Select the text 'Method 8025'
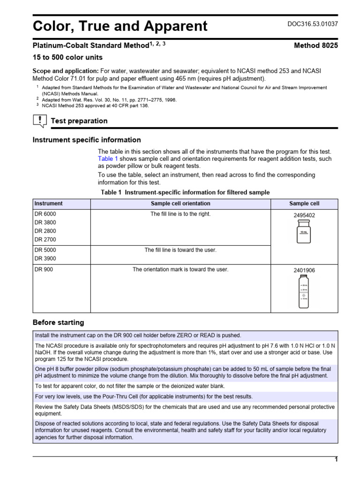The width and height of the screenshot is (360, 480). (x=315, y=45)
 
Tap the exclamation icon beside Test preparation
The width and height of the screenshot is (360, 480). (x=39, y=121)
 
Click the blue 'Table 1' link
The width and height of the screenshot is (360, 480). (x=108, y=159)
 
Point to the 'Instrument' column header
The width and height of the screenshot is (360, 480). (x=49, y=203)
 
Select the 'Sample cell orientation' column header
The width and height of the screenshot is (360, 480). (x=180, y=203)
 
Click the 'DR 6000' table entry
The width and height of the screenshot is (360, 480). (x=45, y=214)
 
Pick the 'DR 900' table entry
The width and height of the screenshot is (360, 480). (x=43, y=270)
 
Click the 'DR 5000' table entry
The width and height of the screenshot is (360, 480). (x=45, y=250)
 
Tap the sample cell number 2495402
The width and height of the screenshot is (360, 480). (x=304, y=216)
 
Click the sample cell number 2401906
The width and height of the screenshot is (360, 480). (x=304, y=270)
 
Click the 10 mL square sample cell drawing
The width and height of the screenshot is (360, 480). (x=304, y=232)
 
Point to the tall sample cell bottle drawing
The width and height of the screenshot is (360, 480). (x=304, y=292)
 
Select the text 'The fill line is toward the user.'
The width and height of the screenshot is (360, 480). (x=180, y=250)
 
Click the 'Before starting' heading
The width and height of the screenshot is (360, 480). (x=58, y=322)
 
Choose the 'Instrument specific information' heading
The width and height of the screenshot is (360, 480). (x=86, y=140)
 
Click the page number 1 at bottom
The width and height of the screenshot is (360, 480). (x=336, y=460)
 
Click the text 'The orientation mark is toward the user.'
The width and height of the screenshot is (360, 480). (x=180, y=270)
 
